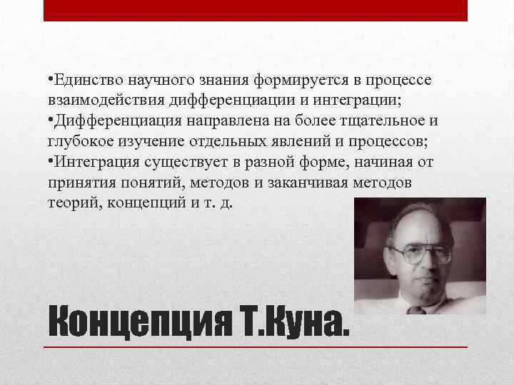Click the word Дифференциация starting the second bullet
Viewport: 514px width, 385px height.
coord(107,116)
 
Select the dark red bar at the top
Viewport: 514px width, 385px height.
coord(256,10)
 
